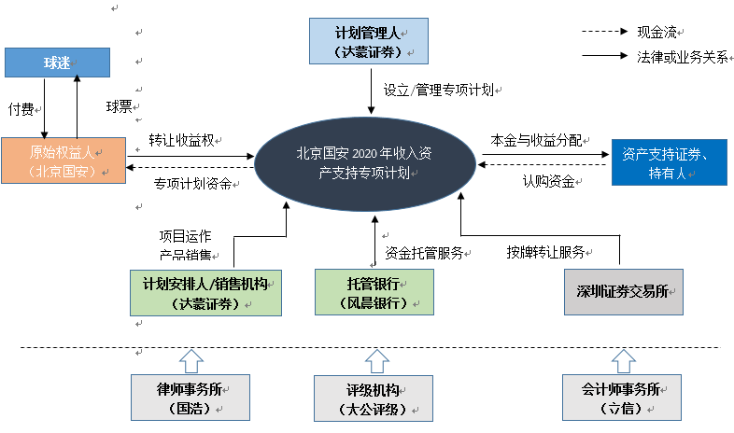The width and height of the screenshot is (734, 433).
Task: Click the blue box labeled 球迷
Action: coord(57,63)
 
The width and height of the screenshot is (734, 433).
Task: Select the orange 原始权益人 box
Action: coord(63,161)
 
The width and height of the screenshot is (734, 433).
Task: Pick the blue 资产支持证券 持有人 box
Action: coord(669,163)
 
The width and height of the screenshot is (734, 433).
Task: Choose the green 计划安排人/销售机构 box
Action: coord(205,291)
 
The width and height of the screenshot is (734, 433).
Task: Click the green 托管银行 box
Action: coord(374,291)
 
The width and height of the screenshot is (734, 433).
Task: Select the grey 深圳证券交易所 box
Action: coord(624,291)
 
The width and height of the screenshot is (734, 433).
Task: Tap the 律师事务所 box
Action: coord(191,397)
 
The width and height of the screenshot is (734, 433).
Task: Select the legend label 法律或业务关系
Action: coord(682,56)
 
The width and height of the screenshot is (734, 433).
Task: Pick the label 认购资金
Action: coord(548,181)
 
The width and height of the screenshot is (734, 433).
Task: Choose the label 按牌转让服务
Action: coord(546,252)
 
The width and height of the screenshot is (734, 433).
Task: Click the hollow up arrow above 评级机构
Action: coord(375,359)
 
